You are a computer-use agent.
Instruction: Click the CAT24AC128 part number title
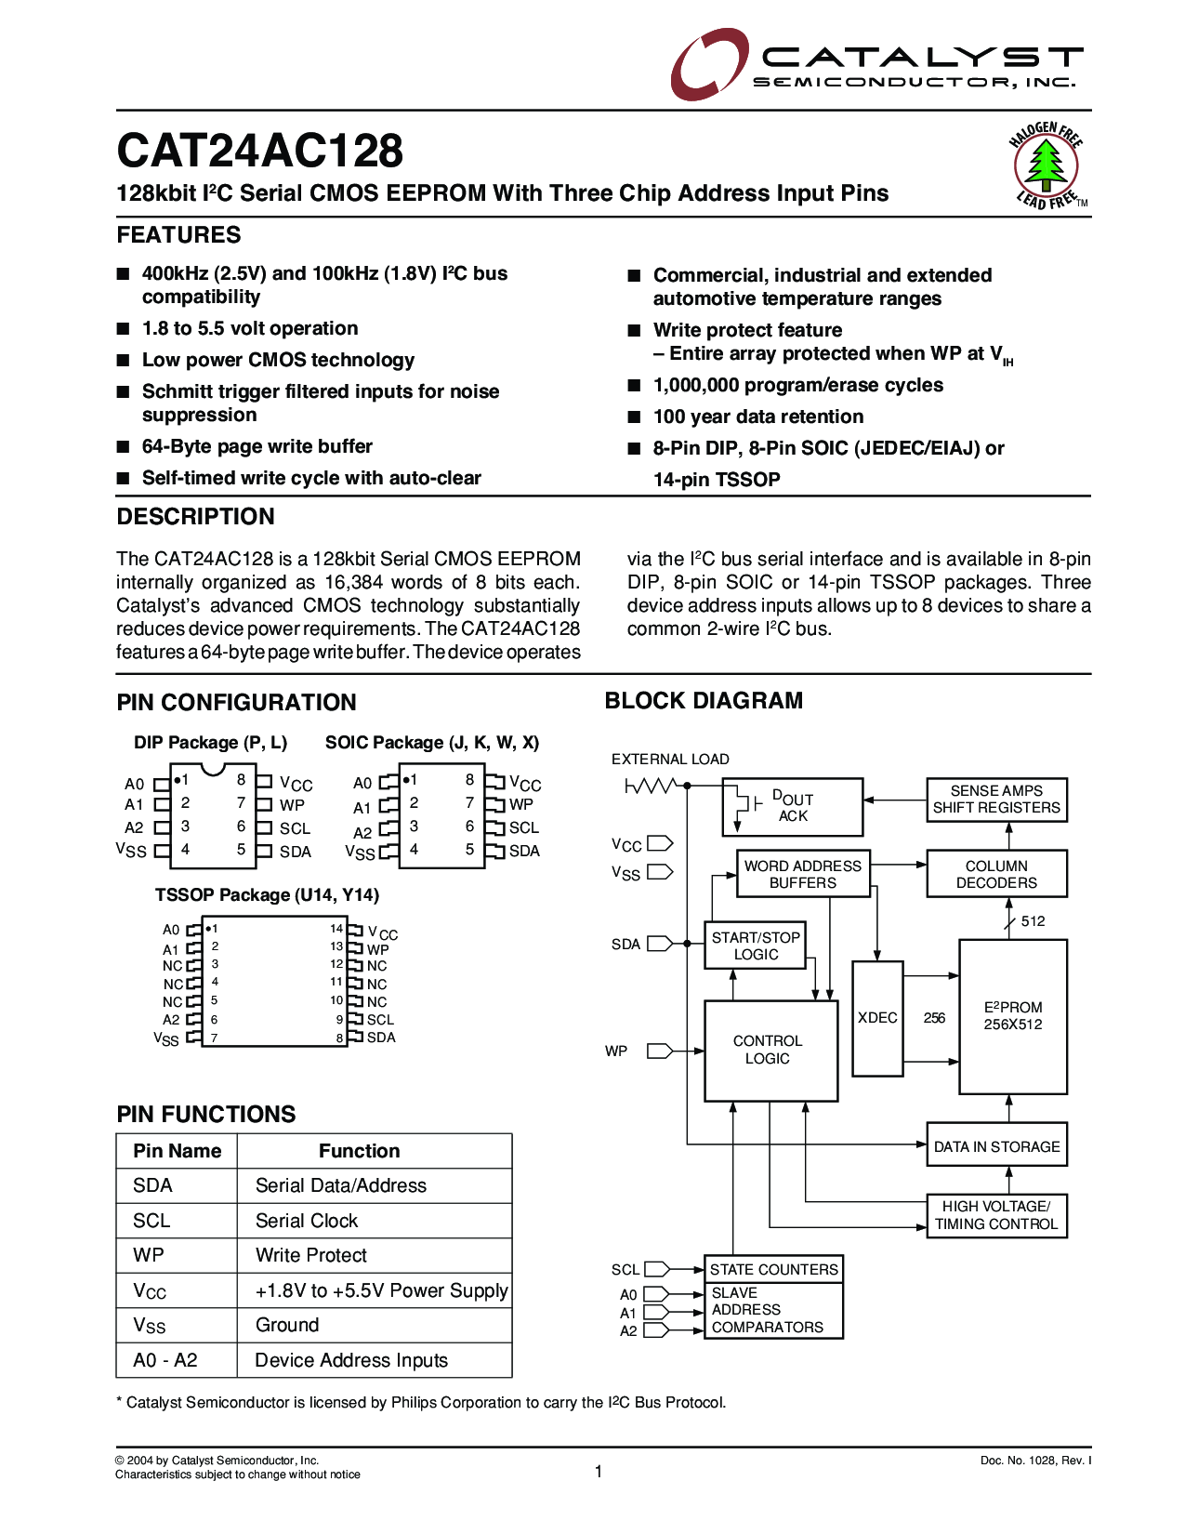click(259, 151)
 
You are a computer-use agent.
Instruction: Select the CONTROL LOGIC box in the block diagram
click(770, 1050)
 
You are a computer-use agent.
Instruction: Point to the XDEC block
click(877, 1018)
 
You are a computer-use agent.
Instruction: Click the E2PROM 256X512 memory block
click(1013, 1016)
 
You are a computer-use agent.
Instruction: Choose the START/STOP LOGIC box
click(756, 946)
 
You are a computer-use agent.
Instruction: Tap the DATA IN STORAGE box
click(996, 1146)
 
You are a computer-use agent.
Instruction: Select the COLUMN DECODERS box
click(996, 874)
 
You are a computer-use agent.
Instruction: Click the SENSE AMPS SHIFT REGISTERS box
click(996, 800)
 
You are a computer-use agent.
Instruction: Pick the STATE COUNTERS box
click(773, 1269)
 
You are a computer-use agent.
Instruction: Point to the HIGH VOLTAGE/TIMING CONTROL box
click(996, 1215)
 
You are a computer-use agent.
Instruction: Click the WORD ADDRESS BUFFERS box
click(803, 874)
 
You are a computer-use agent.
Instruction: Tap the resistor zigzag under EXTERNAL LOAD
click(650, 787)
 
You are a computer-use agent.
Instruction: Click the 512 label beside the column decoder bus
click(1033, 921)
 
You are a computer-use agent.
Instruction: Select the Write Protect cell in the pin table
click(311, 1255)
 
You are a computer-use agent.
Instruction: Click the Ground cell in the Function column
click(287, 1325)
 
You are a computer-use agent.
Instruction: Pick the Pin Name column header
click(177, 1151)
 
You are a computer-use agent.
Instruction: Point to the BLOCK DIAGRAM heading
click(704, 701)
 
